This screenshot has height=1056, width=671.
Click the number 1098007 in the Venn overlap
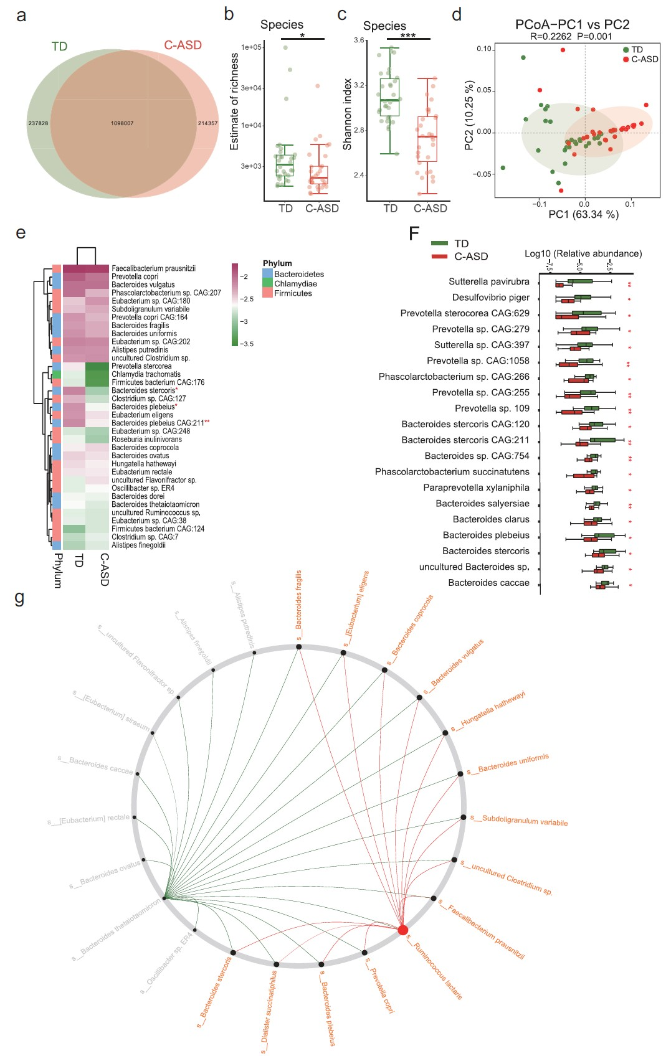(x=122, y=123)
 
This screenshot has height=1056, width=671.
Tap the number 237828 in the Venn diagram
(x=38, y=123)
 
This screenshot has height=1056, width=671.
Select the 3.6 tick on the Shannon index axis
(x=359, y=40)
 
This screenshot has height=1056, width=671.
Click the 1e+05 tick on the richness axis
(x=252, y=47)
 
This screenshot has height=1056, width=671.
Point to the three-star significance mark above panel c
(x=408, y=36)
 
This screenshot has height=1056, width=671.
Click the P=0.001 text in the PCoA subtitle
(x=594, y=37)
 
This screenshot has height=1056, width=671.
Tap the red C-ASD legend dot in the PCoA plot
(x=626, y=59)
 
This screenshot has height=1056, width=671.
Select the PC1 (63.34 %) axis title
(x=583, y=215)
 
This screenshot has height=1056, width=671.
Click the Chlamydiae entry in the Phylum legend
(x=295, y=284)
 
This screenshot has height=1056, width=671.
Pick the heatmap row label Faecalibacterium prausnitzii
(x=153, y=268)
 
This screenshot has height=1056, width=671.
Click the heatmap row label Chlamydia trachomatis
(x=146, y=374)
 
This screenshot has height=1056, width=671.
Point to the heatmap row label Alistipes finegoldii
(x=138, y=545)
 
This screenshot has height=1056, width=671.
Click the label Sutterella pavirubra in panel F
(x=488, y=282)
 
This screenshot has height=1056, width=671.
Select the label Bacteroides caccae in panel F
(x=488, y=583)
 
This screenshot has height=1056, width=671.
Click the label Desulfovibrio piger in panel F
(x=490, y=298)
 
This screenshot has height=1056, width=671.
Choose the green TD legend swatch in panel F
(x=440, y=243)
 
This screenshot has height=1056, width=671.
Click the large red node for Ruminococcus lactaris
(x=403, y=930)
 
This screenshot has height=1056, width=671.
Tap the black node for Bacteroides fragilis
(x=299, y=647)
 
